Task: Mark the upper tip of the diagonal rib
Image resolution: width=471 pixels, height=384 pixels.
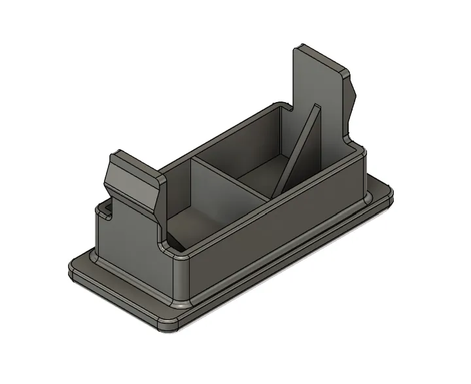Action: pyautogui.click(x=317, y=106)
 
